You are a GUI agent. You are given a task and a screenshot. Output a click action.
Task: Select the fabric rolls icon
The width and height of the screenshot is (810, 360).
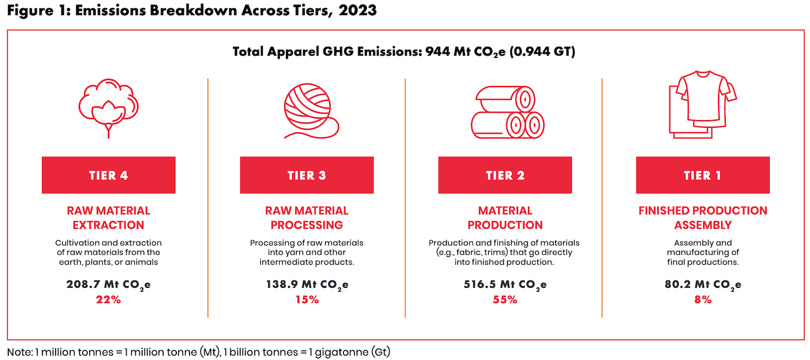click(507, 112)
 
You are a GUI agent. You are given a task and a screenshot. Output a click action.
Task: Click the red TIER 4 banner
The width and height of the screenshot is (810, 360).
click(109, 175)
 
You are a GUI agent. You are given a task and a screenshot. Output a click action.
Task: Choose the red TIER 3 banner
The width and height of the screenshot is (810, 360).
click(306, 175)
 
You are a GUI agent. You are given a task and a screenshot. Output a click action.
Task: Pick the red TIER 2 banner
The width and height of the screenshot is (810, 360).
click(505, 175)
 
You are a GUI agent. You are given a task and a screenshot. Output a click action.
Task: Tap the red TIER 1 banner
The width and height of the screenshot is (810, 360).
click(703, 175)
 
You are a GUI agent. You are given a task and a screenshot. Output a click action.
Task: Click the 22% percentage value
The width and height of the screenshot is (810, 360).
click(109, 299)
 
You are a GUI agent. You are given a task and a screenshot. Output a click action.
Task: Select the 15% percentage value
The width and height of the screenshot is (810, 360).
click(307, 299)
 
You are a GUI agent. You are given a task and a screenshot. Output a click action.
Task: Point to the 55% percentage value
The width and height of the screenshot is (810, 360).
click(505, 299)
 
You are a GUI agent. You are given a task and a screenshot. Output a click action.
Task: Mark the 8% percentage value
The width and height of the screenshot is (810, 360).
click(703, 299)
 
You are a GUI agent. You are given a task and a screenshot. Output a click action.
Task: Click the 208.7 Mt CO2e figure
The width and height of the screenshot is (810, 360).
click(109, 284)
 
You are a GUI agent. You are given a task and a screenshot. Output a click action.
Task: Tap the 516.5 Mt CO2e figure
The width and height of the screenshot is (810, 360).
click(505, 284)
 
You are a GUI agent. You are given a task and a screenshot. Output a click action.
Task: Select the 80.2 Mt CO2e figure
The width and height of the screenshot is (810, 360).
click(703, 284)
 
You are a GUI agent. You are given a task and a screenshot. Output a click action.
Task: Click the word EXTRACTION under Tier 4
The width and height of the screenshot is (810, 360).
click(109, 225)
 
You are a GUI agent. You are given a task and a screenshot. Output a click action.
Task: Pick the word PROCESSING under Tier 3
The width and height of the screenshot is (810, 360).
click(306, 225)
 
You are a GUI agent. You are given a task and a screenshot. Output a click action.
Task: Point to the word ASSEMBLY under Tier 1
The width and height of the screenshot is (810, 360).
click(703, 225)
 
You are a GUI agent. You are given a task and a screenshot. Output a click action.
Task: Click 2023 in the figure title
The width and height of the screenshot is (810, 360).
click(358, 10)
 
